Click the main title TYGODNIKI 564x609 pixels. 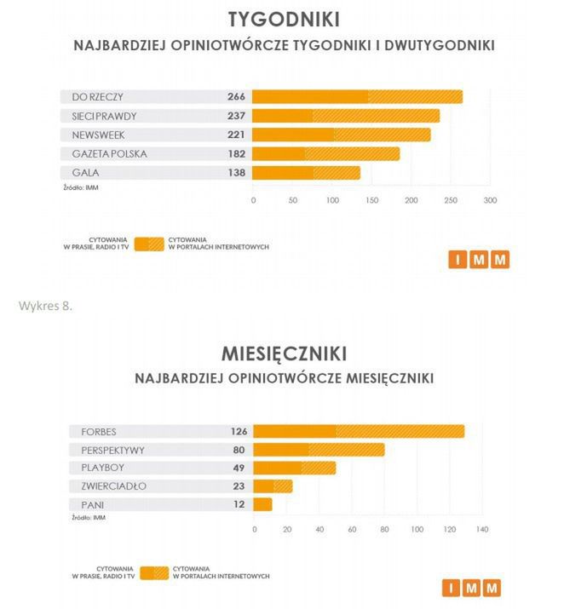[282, 20]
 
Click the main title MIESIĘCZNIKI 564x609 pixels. [282, 353]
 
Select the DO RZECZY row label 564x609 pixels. [99, 96]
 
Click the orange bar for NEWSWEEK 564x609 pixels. [342, 135]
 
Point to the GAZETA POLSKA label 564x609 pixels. [110, 154]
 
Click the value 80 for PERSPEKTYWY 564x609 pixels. [238, 450]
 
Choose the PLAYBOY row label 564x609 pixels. [101, 468]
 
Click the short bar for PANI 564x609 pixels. [263, 505]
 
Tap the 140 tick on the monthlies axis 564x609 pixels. [481, 531]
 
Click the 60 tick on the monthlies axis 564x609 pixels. [352, 531]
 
